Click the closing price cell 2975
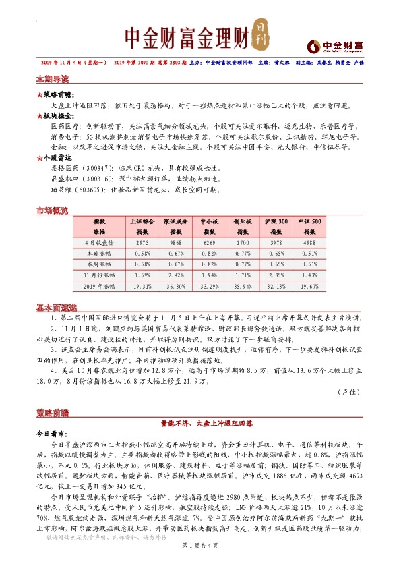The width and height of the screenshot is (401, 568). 142,242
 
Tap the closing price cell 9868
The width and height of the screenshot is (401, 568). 175,242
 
